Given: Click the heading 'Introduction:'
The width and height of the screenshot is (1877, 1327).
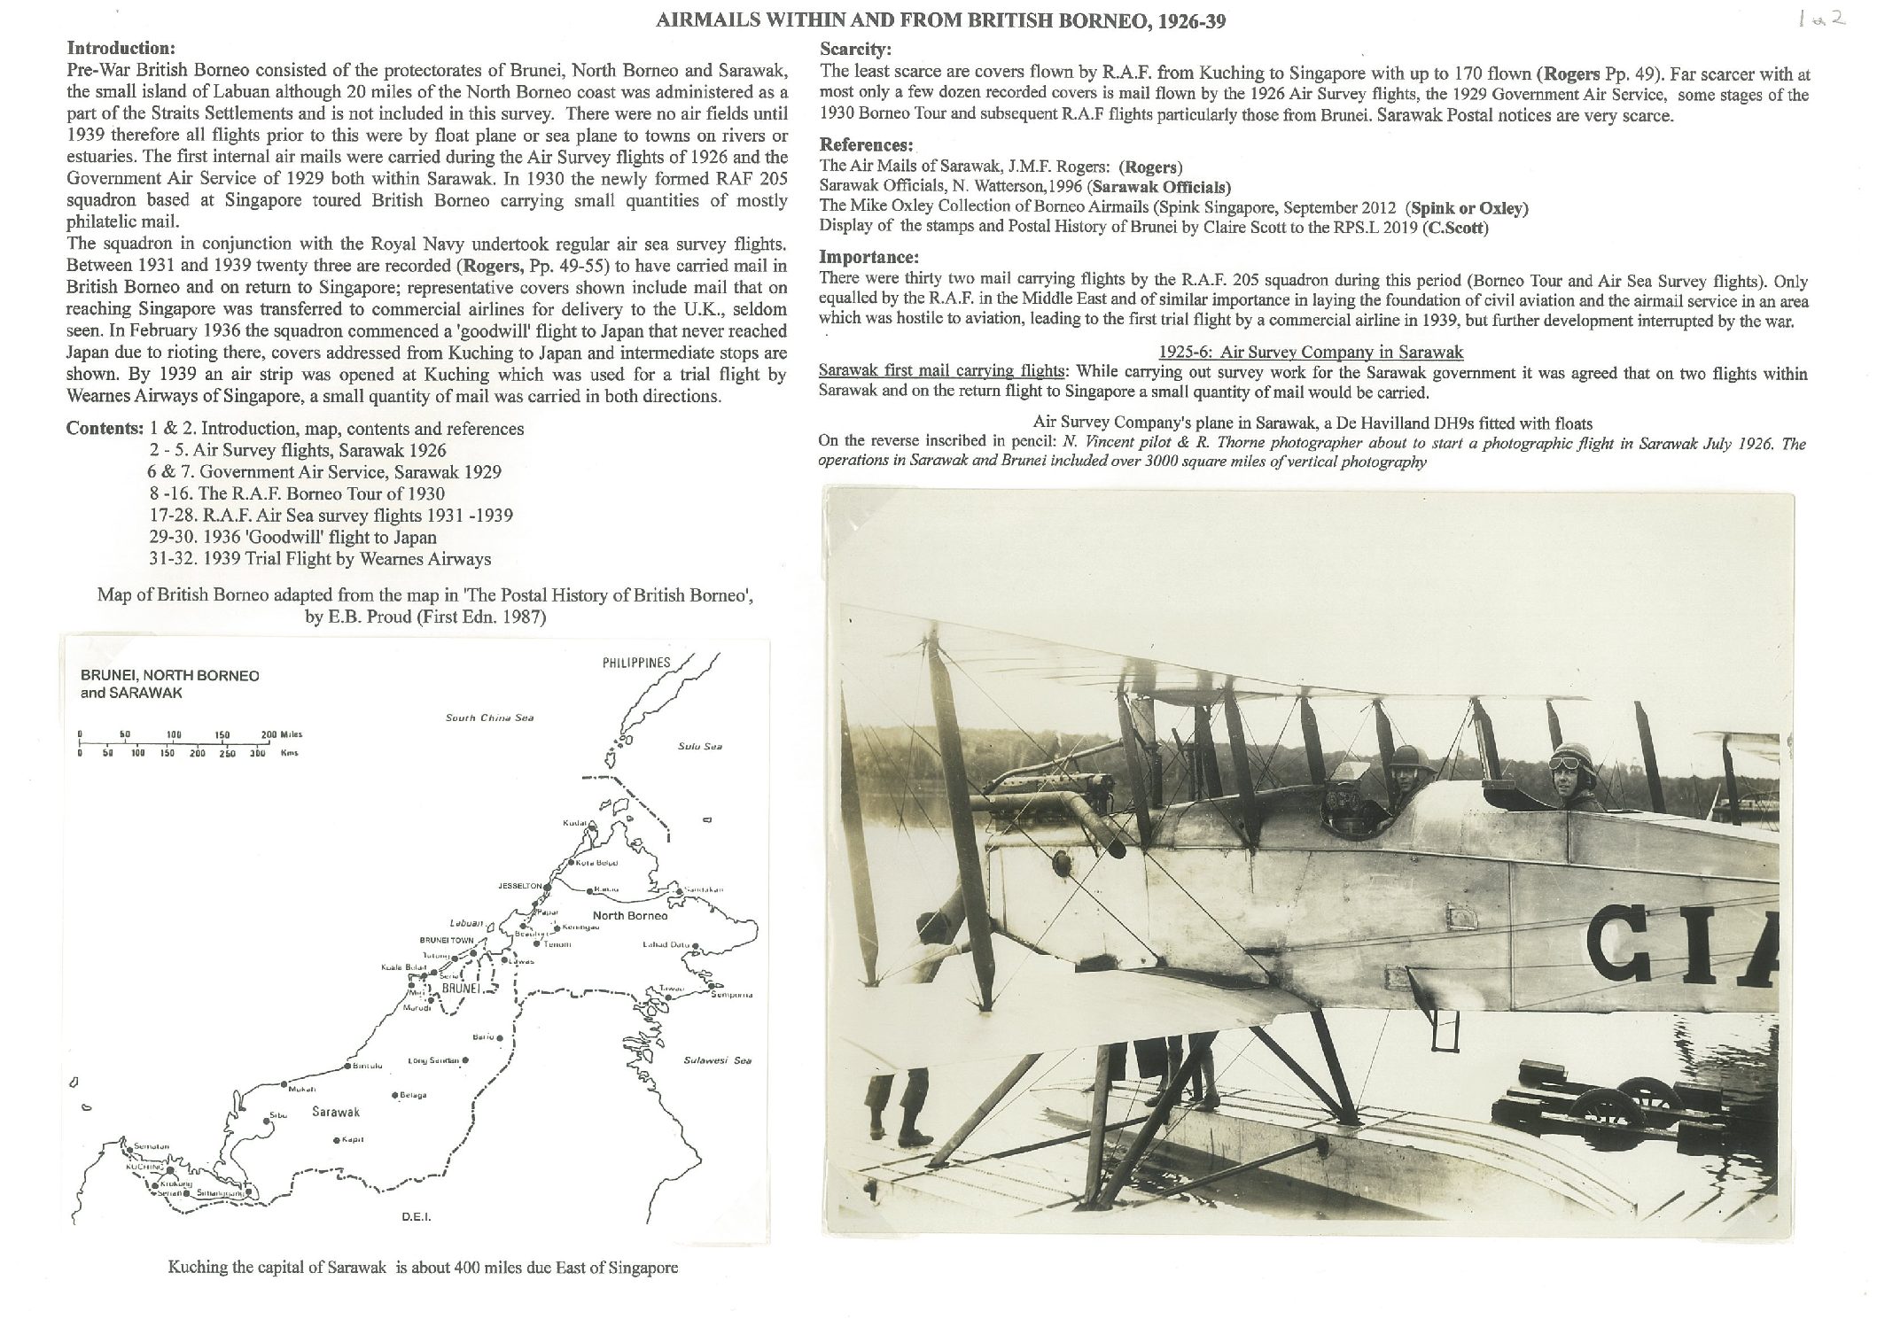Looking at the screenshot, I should [x=121, y=48].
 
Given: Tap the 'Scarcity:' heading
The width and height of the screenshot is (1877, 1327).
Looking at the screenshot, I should [x=855, y=50].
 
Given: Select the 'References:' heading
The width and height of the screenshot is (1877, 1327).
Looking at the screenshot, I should [x=866, y=145].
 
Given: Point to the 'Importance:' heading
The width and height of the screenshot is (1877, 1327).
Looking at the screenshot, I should [x=868, y=258].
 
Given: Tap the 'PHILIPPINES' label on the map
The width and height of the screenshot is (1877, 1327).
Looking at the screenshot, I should [x=636, y=663].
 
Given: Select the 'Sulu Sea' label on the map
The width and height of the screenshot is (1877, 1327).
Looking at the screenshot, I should [x=699, y=746].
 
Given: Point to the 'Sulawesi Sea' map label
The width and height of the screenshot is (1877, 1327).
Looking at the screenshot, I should [x=717, y=1060].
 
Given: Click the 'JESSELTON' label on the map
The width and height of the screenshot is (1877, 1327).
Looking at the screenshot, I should [x=519, y=886].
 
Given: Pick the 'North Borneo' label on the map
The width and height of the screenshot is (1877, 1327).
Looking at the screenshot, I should [x=628, y=915].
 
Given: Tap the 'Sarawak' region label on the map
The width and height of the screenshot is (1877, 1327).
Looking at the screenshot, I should [x=336, y=1112].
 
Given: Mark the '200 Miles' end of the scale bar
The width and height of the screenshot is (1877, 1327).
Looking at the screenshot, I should [x=281, y=734].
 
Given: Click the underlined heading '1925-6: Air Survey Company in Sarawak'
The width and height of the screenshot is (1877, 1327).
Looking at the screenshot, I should [x=1312, y=353].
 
